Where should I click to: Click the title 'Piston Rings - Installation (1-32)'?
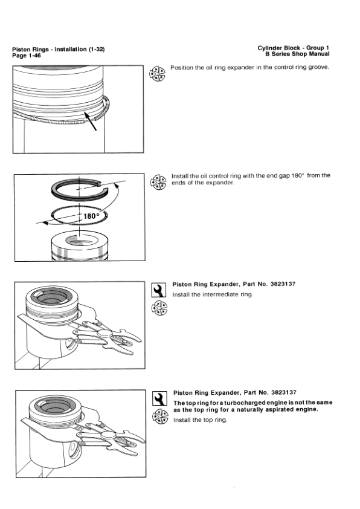[x=59, y=49]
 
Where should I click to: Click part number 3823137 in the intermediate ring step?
[x=278, y=284]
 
